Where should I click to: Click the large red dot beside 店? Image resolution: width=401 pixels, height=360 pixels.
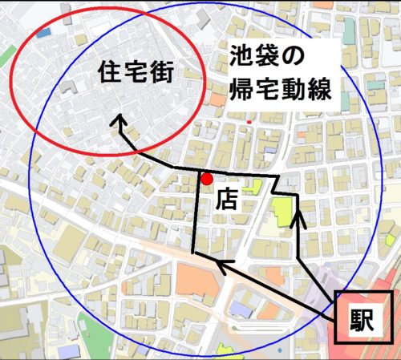207,179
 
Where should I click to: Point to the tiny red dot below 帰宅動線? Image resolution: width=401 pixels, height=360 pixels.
250,122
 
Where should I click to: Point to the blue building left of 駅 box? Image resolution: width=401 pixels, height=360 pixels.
241,308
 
